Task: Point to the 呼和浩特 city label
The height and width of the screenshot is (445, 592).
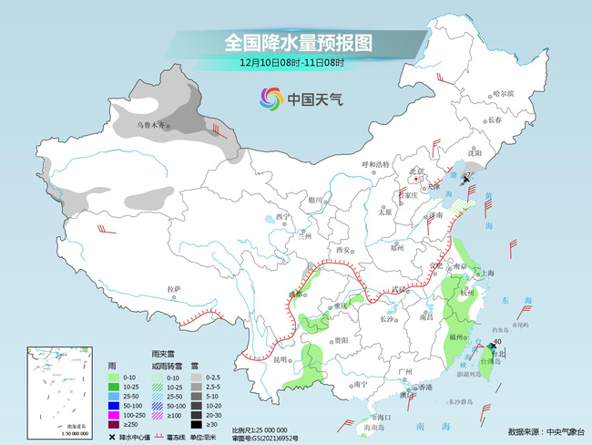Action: (374, 163)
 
